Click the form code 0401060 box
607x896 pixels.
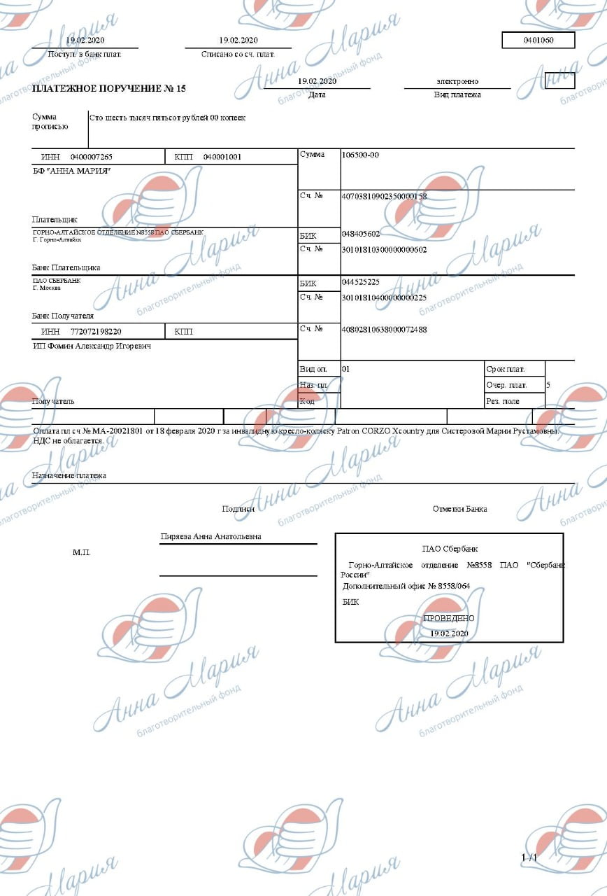[538, 41]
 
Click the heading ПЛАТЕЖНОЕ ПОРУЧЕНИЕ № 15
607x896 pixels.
[109, 89]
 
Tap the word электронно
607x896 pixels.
[457, 81]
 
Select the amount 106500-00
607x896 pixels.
[360, 155]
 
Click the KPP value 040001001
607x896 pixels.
[222, 157]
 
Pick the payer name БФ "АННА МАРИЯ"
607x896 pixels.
[72, 171]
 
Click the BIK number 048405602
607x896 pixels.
[361, 234]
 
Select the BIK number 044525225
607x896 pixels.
[361, 283]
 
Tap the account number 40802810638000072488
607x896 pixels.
[384, 329]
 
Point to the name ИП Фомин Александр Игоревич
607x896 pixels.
[92, 346]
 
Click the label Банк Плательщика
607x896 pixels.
[66, 267]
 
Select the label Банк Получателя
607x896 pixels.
[63, 316]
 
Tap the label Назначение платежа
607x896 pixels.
[69, 475]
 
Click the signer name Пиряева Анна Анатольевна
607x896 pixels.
[210, 536]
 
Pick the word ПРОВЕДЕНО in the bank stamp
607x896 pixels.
[449, 618]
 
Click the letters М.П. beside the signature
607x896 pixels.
[82, 552]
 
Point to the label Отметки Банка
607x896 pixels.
[459, 509]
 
